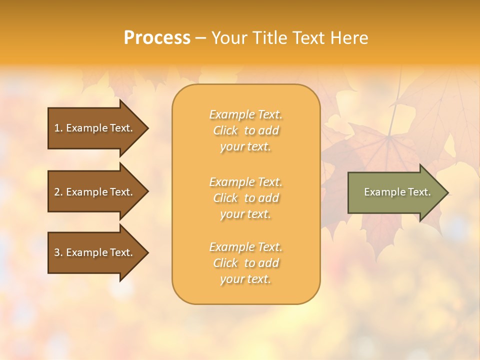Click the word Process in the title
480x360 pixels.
coord(157,38)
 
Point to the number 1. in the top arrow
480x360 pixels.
coord(58,128)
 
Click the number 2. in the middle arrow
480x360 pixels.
coord(58,192)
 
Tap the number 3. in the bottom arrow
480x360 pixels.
coord(58,252)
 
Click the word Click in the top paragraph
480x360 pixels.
coord(225,131)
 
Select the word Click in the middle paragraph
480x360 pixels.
coord(225,198)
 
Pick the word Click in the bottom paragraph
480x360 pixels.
coord(225,263)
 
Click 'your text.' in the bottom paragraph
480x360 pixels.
coord(245,279)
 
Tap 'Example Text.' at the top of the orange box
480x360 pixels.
coord(245,114)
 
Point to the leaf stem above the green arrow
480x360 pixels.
coord(392,120)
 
